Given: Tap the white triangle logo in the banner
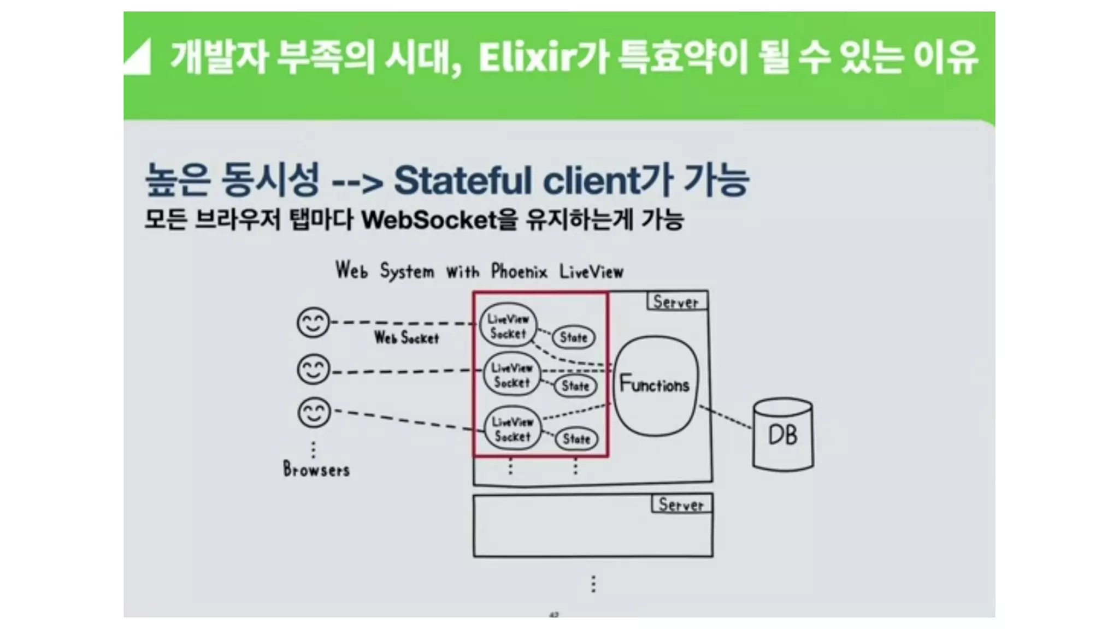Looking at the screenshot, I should pos(137,57).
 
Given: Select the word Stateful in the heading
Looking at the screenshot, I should pos(462,181).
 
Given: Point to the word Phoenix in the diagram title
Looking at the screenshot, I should pos(519,271).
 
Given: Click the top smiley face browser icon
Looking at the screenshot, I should pos(313,322).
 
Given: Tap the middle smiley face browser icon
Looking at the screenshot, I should pos(313,369).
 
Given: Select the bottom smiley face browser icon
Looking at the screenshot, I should pos(314,412).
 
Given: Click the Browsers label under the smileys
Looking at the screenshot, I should pos(316,470).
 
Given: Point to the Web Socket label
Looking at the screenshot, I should pos(407,338).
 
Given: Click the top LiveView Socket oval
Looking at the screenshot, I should pos(508,326).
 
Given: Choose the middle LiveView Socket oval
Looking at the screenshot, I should pos(511,375).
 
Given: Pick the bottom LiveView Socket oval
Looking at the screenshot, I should pos(513,429).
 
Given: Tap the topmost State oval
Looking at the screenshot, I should pos(573,337).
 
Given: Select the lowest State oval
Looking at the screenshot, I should pos(576,438).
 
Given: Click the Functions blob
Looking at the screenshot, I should pos(655,385).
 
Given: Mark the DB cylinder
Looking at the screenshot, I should pos(783,435).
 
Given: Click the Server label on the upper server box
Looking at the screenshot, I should pos(676,301).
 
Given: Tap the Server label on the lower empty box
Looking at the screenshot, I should pos(681,504).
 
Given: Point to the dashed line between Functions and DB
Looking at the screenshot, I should pos(726,417).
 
